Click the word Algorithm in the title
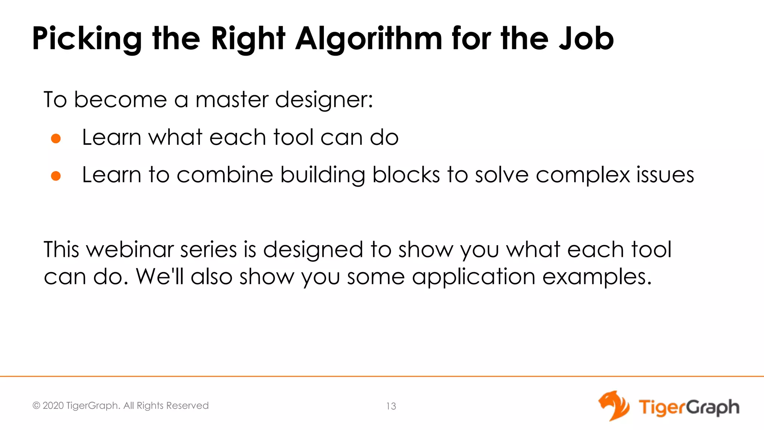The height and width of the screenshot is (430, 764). tap(369, 39)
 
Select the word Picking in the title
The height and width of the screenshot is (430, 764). tap(87, 39)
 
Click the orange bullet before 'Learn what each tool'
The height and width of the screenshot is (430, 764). tap(56, 138)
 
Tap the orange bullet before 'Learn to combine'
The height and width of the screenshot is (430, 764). tap(56, 176)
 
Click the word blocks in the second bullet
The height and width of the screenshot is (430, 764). tap(406, 175)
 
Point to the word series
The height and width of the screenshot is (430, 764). tap(209, 249)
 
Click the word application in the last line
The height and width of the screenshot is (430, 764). tap(473, 277)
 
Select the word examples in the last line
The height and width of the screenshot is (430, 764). tap(597, 277)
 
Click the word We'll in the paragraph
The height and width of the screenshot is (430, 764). tap(160, 277)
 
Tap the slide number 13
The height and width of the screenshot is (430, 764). tap(391, 406)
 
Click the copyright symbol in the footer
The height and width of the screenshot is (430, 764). tap(36, 406)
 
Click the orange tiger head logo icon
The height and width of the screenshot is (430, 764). tap(614, 406)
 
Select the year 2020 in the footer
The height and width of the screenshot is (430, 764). tap(53, 406)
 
